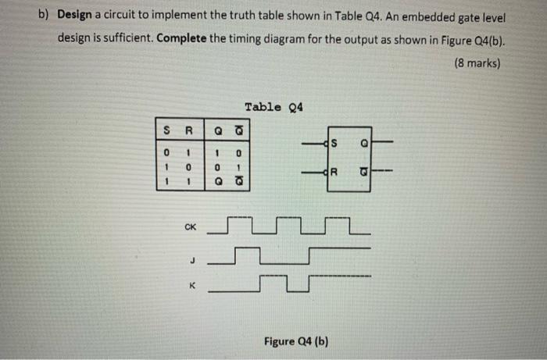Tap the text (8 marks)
click(x=476, y=63)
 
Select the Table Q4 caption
click(x=273, y=107)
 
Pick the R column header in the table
click(x=188, y=131)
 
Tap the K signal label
click(x=191, y=286)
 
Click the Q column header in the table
click(x=219, y=131)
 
